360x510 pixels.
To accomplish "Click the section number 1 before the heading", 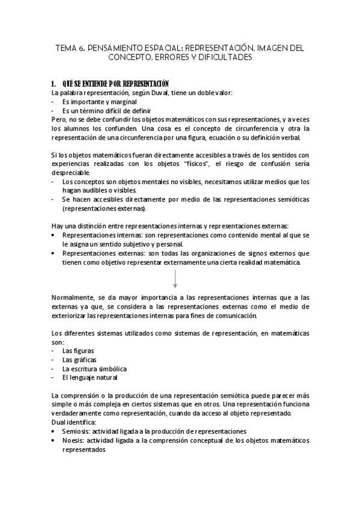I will (53, 83).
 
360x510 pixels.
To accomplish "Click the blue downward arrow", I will (175, 278).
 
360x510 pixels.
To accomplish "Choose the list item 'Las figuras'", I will (78, 351).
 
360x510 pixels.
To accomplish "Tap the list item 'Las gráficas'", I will (79, 360).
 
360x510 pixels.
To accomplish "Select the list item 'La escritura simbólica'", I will (94, 369).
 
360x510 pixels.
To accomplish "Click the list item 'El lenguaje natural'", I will (90, 378).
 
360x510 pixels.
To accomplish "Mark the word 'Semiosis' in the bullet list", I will (77, 432).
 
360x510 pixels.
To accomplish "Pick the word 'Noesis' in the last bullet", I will (74, 441).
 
